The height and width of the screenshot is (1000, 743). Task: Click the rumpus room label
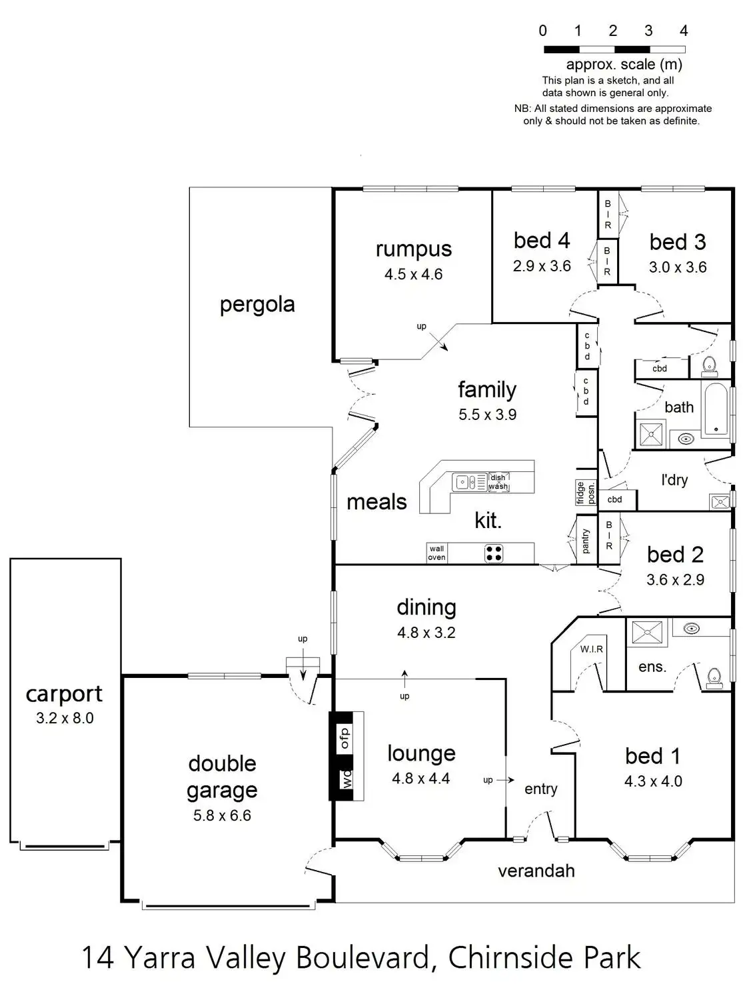coord(413,249)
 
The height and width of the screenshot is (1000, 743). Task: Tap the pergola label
coord(257,305)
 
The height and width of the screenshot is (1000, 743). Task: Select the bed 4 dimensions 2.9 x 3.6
coord(542,266)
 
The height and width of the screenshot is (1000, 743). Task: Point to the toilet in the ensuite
coord(714,676)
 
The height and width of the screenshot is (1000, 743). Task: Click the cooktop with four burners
coord(494,553)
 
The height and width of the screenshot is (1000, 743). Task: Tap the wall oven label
coord(436,553)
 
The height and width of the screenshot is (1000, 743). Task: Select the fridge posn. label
coord(586,493)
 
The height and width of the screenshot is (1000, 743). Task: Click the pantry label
coord(586,541)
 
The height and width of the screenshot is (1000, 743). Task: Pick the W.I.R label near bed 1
coord(591,649)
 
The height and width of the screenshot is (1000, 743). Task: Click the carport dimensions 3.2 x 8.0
coord(65,718)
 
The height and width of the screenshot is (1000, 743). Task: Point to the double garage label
coord(222,777)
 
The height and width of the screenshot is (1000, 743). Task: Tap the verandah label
coord(536,871)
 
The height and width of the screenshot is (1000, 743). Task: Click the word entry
coord(540,789)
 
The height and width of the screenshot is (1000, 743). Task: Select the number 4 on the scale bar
coord(683,31)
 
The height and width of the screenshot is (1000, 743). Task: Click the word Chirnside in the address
coord(511,958)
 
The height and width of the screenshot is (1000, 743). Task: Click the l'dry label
coord(674,480)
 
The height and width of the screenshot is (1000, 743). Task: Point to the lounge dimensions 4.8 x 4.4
coord(420,778)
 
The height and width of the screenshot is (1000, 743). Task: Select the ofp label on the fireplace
coord(345,738)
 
